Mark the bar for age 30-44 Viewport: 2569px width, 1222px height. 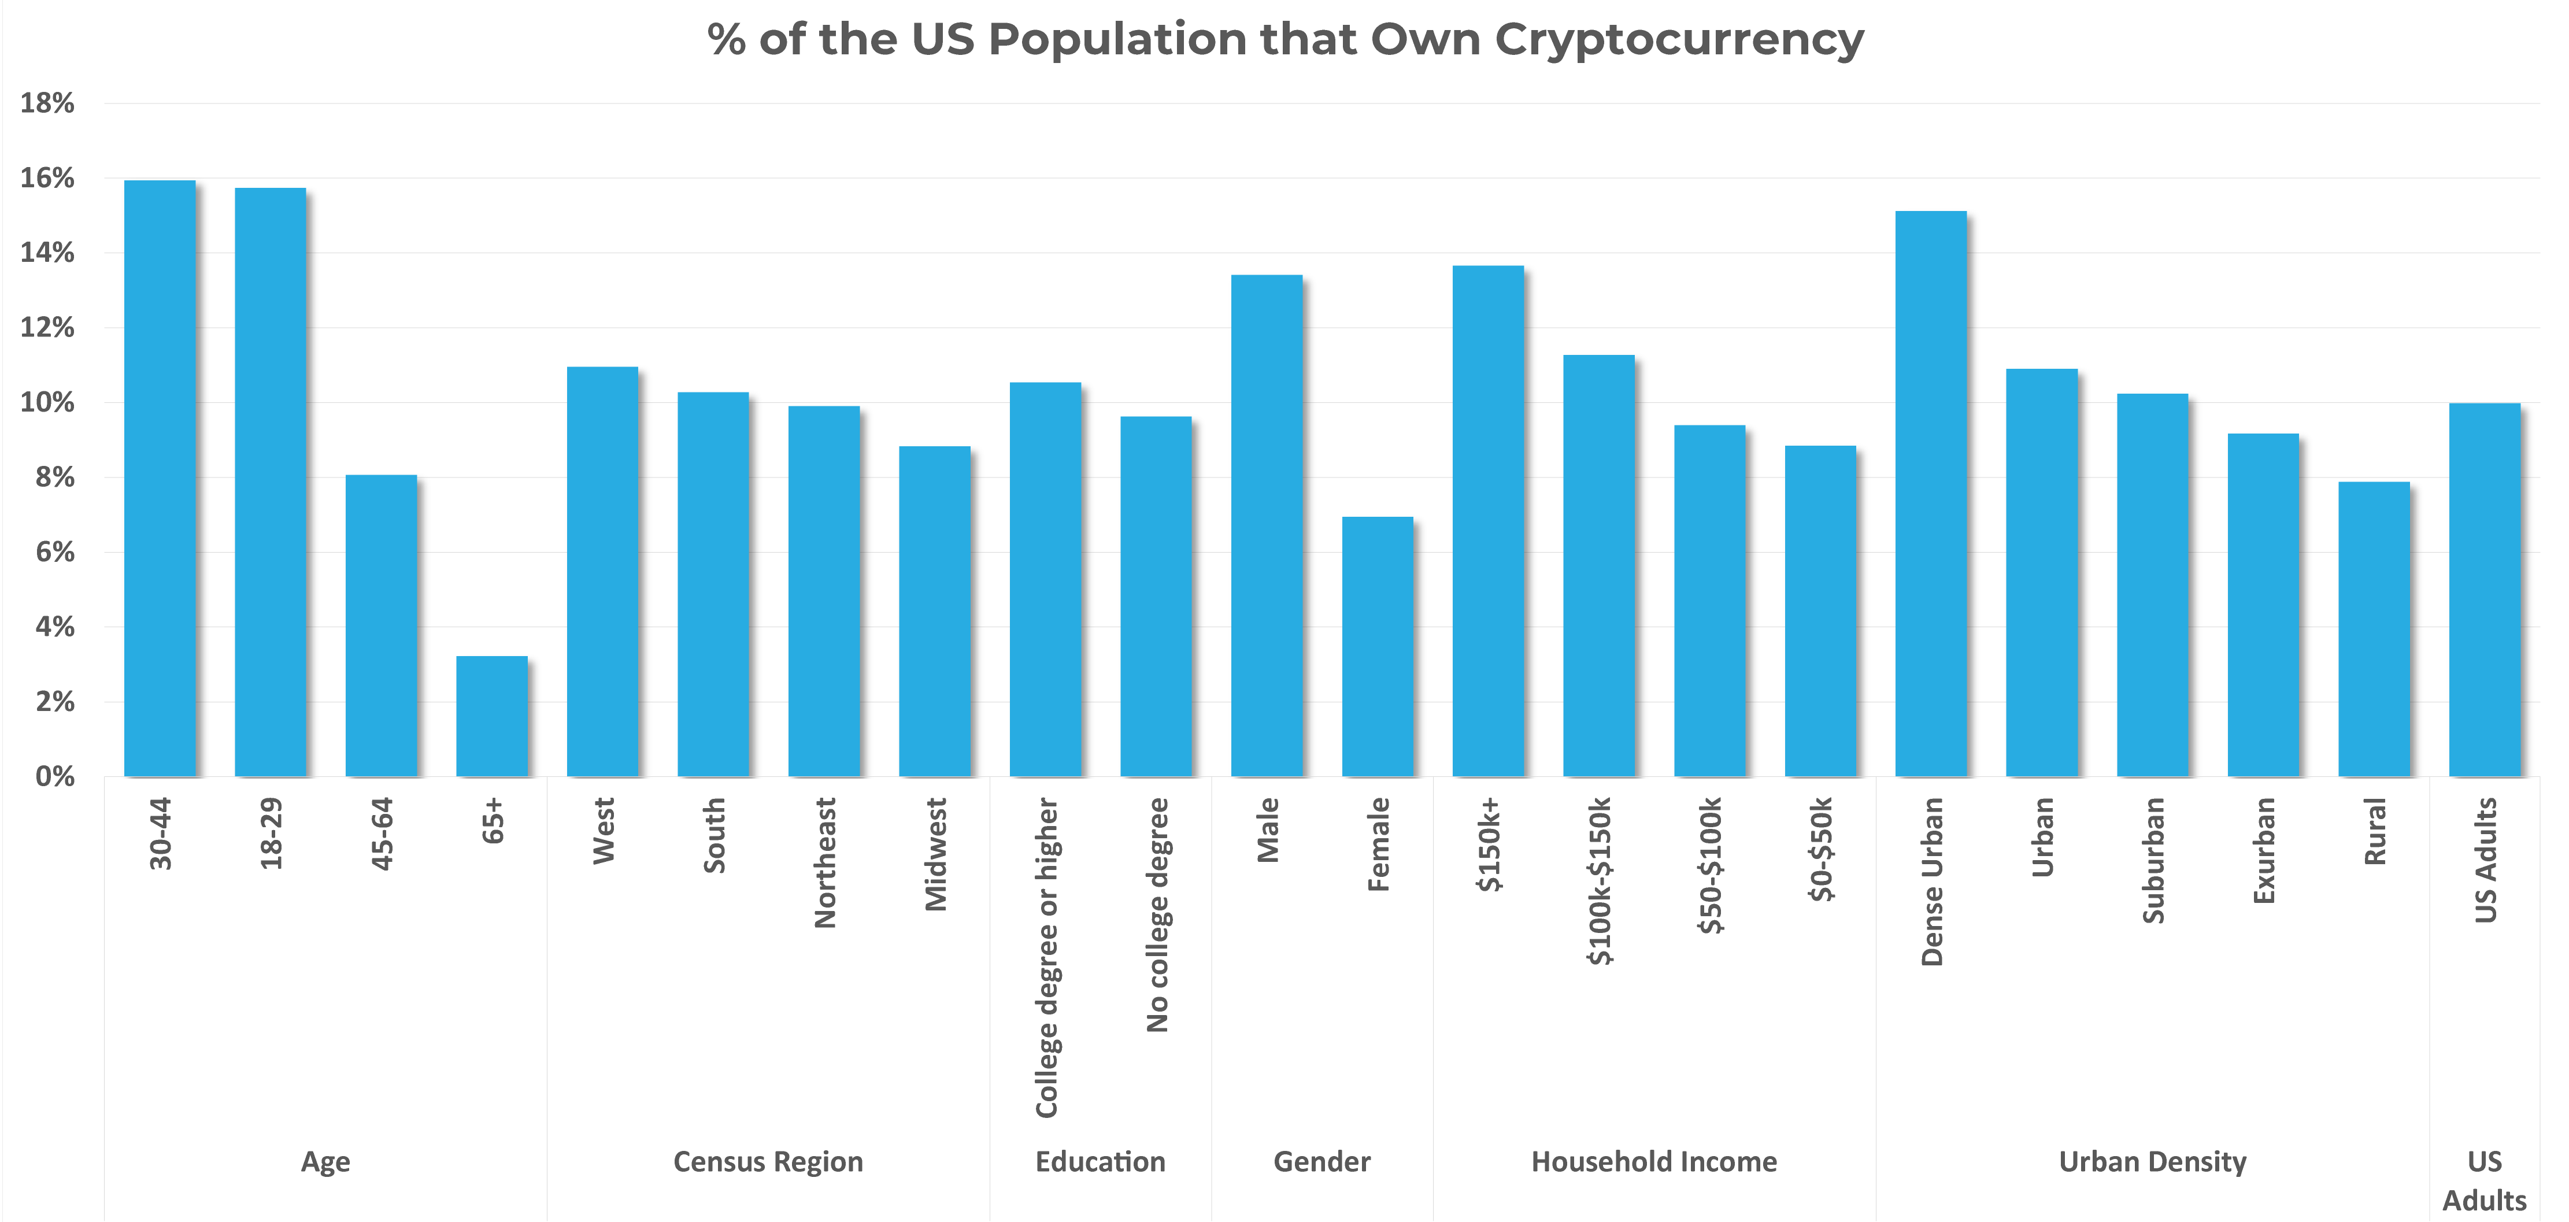tap(160, 479)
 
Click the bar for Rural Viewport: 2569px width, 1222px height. tap(2374, 628)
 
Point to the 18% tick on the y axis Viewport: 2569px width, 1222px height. tap(47, 103)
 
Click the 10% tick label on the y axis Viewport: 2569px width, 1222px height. tap(47, 402)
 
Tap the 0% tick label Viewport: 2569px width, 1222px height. tap(55, 776)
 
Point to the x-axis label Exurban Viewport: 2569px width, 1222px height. tap(2264, 851)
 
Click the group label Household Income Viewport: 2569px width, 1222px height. tap(1653, 1161)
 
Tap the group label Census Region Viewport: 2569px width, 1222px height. tap(768, 1161)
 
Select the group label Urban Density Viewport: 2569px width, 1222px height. tap(2152, 1161)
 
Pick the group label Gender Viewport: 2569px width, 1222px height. tap(1321, 1161)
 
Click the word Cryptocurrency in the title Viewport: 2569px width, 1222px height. tap(1678, 40)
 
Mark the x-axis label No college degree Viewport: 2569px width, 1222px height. tap(1157, 914)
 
